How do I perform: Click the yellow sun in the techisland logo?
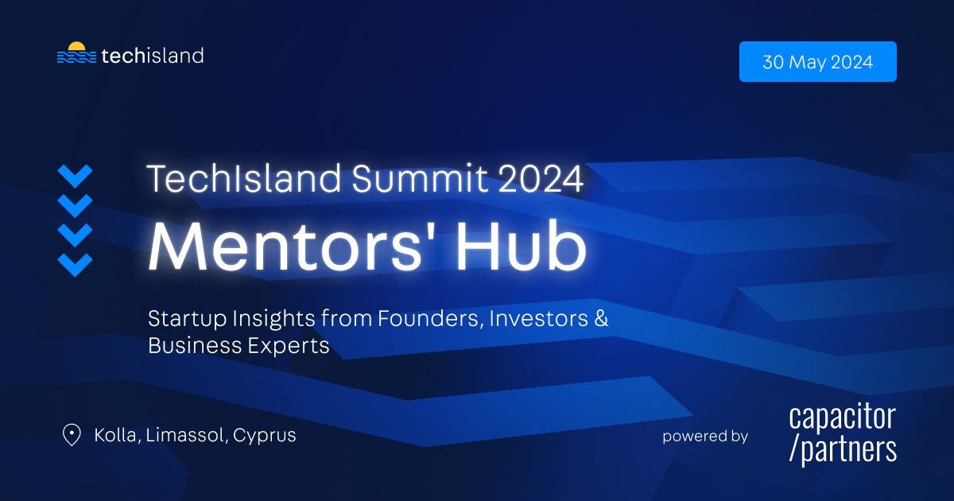(76, 46)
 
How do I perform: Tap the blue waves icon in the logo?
(76, 57)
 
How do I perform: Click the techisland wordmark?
(153, 56)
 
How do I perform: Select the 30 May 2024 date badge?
(818, 62)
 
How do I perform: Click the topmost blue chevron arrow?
(75, 176)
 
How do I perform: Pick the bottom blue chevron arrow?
(75, 265)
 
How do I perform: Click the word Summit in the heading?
(420, 178)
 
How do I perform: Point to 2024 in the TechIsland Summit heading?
(541, 179)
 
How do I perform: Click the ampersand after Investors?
(601, 318)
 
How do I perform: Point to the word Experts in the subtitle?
(289, 346)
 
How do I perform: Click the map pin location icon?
(72, 434)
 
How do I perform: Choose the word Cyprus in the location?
(265, 437)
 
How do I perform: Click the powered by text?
(705, 437)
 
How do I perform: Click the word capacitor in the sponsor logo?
(843, 417)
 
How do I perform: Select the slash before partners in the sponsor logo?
(793, 449)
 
